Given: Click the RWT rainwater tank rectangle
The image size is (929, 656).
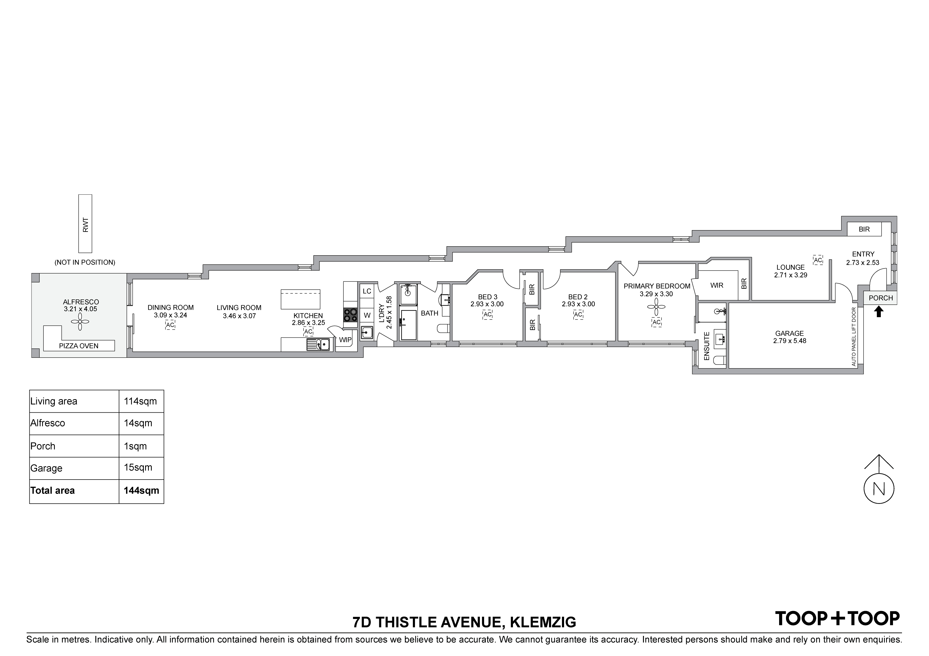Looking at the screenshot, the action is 85,224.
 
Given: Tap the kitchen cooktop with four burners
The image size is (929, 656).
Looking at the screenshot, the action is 350,315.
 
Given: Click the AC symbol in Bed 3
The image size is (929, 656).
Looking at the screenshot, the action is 487,315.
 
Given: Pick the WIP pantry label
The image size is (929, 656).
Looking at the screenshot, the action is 345,340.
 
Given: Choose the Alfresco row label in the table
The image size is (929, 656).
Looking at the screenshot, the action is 47,423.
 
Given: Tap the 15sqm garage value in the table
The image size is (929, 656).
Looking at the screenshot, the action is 138,468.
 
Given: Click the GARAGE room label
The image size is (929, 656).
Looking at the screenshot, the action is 789,334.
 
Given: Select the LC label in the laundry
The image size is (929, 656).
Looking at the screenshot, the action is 367,291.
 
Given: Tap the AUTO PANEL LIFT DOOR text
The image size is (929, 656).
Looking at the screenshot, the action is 854,337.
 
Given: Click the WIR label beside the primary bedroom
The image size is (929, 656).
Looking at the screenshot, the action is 717,285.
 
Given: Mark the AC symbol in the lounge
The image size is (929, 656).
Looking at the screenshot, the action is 818,260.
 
